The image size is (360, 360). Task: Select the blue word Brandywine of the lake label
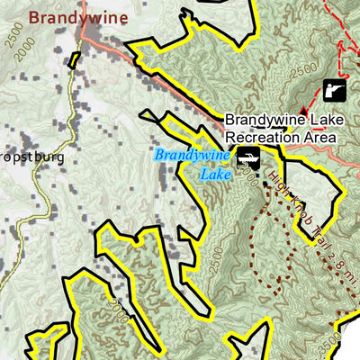(x=189, y=155)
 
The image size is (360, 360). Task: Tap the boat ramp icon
(x=247, y=161)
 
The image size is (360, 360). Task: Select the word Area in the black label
(x=319, y=137)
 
